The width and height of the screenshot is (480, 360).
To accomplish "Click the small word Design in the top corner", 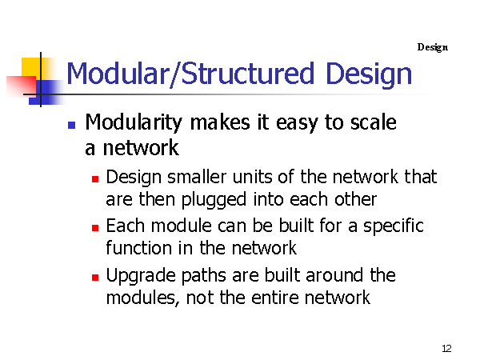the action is tap(433, 47).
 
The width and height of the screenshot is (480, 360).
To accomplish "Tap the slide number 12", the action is tap(446, 348).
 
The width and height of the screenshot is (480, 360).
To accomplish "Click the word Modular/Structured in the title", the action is tap(190, 73).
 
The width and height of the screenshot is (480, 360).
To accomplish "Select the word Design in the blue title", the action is tap(369, 74).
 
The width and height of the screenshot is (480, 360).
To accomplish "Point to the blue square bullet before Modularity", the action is tap(72, 125).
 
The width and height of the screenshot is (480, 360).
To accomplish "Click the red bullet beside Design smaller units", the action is tap(95, 179).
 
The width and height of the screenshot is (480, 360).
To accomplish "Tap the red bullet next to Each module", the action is tap(95, 228).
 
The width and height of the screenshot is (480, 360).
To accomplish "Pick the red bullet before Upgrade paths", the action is tap(95, 277).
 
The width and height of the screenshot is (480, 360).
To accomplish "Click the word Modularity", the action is tap(134, 122).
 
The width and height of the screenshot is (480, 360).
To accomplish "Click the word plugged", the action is tap(214, 201).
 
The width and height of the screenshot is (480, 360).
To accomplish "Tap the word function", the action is tap(138, 247).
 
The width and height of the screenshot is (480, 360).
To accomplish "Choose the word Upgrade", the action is tap(142, 276).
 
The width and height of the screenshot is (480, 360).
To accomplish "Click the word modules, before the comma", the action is tap(140, 298).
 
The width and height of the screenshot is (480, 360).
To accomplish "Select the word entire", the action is tap(275, 298).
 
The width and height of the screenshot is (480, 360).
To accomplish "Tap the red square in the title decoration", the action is tap(21, 86).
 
